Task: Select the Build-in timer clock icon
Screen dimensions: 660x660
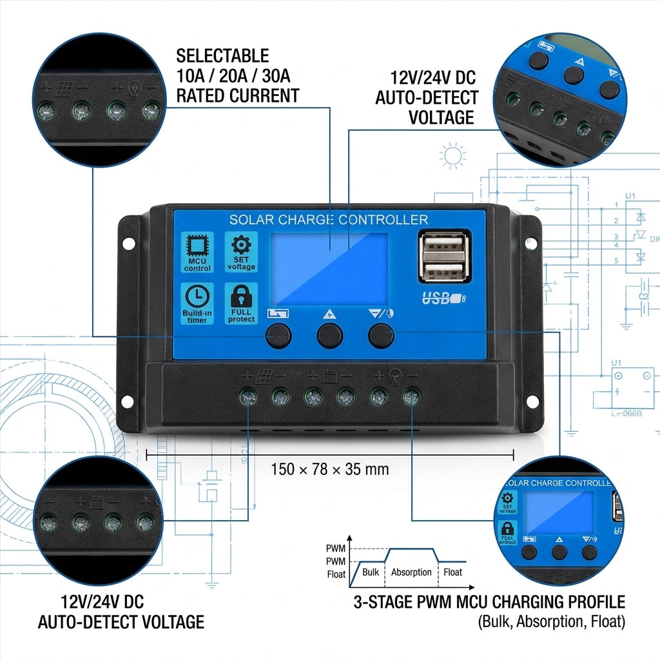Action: click(197, 303)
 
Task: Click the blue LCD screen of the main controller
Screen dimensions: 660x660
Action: click(329, 269)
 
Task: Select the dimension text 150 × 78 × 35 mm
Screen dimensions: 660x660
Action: click(330, 469)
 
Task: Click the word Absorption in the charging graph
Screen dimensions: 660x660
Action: click(411, 572)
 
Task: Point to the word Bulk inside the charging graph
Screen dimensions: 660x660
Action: click(371, 572)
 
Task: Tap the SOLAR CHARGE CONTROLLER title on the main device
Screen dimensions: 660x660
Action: click(329, 220)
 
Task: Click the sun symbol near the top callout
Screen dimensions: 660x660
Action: click(453, 155)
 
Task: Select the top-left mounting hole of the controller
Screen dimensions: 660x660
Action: click(128, 244)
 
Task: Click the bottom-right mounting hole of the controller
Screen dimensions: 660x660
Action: click(532, 401)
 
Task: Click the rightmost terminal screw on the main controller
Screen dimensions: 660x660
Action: click(411, 397)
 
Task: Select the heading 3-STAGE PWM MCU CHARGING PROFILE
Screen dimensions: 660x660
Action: click(489, 602)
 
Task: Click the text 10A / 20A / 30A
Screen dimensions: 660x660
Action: click(233, 76)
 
